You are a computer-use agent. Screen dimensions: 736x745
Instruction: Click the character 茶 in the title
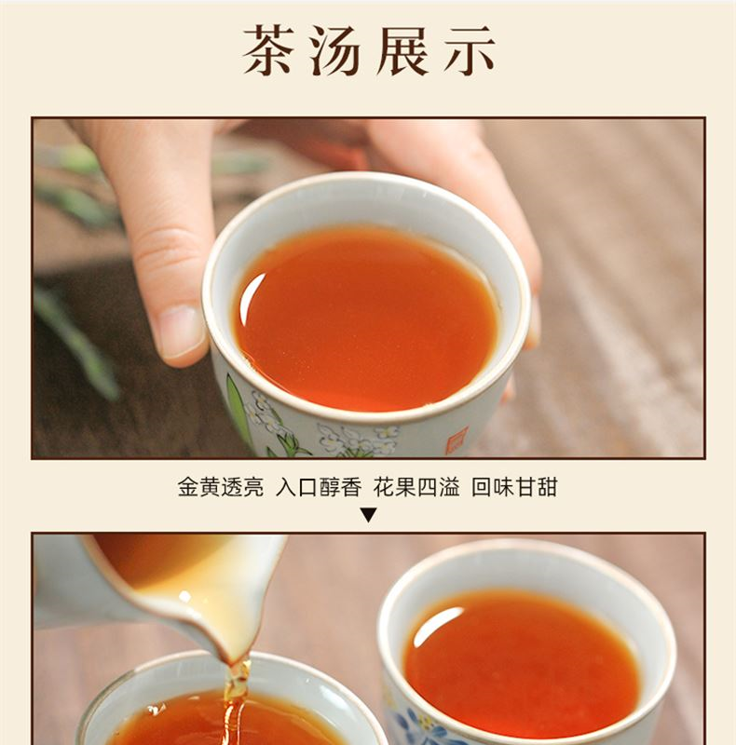(x=267, y=50)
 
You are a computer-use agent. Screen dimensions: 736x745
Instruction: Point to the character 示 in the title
(x=470, y=50)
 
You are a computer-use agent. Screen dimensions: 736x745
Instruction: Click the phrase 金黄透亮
(x=221, y=487)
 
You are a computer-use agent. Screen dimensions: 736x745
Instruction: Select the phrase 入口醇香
(x=319, y=487)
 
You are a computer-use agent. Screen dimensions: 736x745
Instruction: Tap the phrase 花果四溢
(x=416, y=487)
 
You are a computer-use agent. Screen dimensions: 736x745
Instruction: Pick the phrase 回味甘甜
(x=514, y=487)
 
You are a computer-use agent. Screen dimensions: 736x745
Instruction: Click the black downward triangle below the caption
(x=368, y=515)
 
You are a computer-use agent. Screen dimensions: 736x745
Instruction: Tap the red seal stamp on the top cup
(x=457, y=440)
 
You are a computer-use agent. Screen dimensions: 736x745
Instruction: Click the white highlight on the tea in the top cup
(x=252, y=297)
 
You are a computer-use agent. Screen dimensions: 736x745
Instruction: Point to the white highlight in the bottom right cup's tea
(x=435, y=625)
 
